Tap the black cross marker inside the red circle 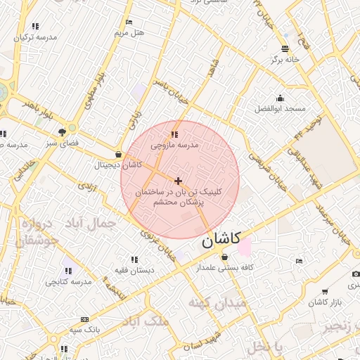178,181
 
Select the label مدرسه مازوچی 175,145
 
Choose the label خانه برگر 285,60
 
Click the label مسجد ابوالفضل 281,108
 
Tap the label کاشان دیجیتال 118,165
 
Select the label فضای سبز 63,142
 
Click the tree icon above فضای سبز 63,131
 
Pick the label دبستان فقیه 135,270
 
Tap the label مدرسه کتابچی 69,281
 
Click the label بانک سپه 85,329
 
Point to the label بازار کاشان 324,302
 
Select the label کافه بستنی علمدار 224,268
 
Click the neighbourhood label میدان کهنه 217,303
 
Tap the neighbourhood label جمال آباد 90,224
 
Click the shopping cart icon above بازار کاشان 324,291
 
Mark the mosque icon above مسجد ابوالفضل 281,98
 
